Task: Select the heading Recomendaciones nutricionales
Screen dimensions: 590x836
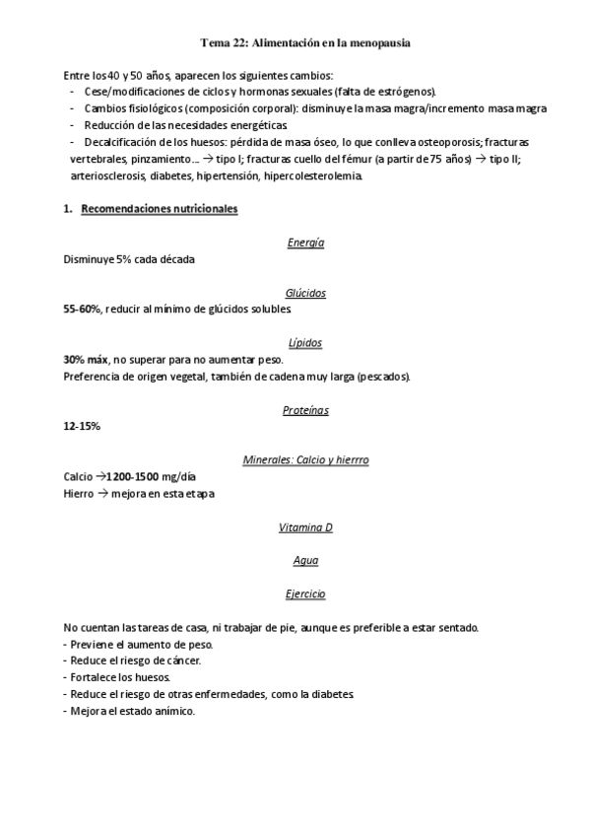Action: tap(159, 209)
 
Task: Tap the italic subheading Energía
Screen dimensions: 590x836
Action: tap(305, 243)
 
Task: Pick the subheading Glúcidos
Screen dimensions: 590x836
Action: tap(305, 293)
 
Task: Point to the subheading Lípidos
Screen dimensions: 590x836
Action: tap(305, 343)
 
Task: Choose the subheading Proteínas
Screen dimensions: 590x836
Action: tap(305, 409)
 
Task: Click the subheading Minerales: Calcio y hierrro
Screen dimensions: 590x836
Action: tap(305, 459)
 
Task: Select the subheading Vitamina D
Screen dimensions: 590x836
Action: tap(305, 526)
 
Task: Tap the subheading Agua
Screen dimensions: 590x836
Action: tap(305, 560)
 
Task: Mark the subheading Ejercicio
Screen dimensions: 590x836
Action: tap(305, 593)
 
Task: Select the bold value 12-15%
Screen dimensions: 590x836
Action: tap(82, 426)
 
